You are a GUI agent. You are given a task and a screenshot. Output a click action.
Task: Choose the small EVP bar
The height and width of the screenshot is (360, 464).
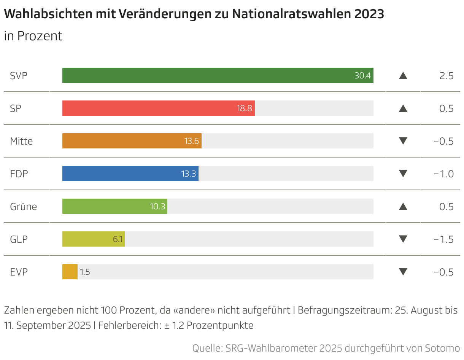point(70,272)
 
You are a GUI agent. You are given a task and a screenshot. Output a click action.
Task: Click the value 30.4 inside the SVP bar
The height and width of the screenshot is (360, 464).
point(362,76)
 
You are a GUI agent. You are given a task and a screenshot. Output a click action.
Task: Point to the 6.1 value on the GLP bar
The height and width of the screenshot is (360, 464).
point(118,239)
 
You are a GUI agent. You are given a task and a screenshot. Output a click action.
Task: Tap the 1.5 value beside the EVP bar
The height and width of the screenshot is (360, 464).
point(85,272)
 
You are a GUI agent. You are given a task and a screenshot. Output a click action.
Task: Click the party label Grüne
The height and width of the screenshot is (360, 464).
point(24,207)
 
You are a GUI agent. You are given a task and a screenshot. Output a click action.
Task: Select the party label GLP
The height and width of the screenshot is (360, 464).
point(19,239)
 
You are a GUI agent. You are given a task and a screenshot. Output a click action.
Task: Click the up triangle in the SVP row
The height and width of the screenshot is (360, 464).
point(403,76)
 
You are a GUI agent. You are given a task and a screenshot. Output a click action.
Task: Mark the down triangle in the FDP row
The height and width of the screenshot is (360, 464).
point(403,174)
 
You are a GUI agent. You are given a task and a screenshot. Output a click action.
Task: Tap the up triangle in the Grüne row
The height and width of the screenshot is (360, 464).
point(403,207)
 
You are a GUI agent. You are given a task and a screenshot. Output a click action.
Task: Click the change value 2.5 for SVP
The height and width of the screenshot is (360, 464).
point(447,76)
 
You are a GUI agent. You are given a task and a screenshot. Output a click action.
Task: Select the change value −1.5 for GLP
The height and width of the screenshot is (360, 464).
point(443,239)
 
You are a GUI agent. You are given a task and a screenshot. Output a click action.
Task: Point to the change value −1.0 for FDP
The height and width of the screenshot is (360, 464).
point(443,174)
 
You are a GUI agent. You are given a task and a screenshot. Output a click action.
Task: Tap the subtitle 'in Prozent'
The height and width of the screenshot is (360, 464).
point(33,36)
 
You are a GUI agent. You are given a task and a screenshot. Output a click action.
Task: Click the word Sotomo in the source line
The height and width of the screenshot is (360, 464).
point(441,348)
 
